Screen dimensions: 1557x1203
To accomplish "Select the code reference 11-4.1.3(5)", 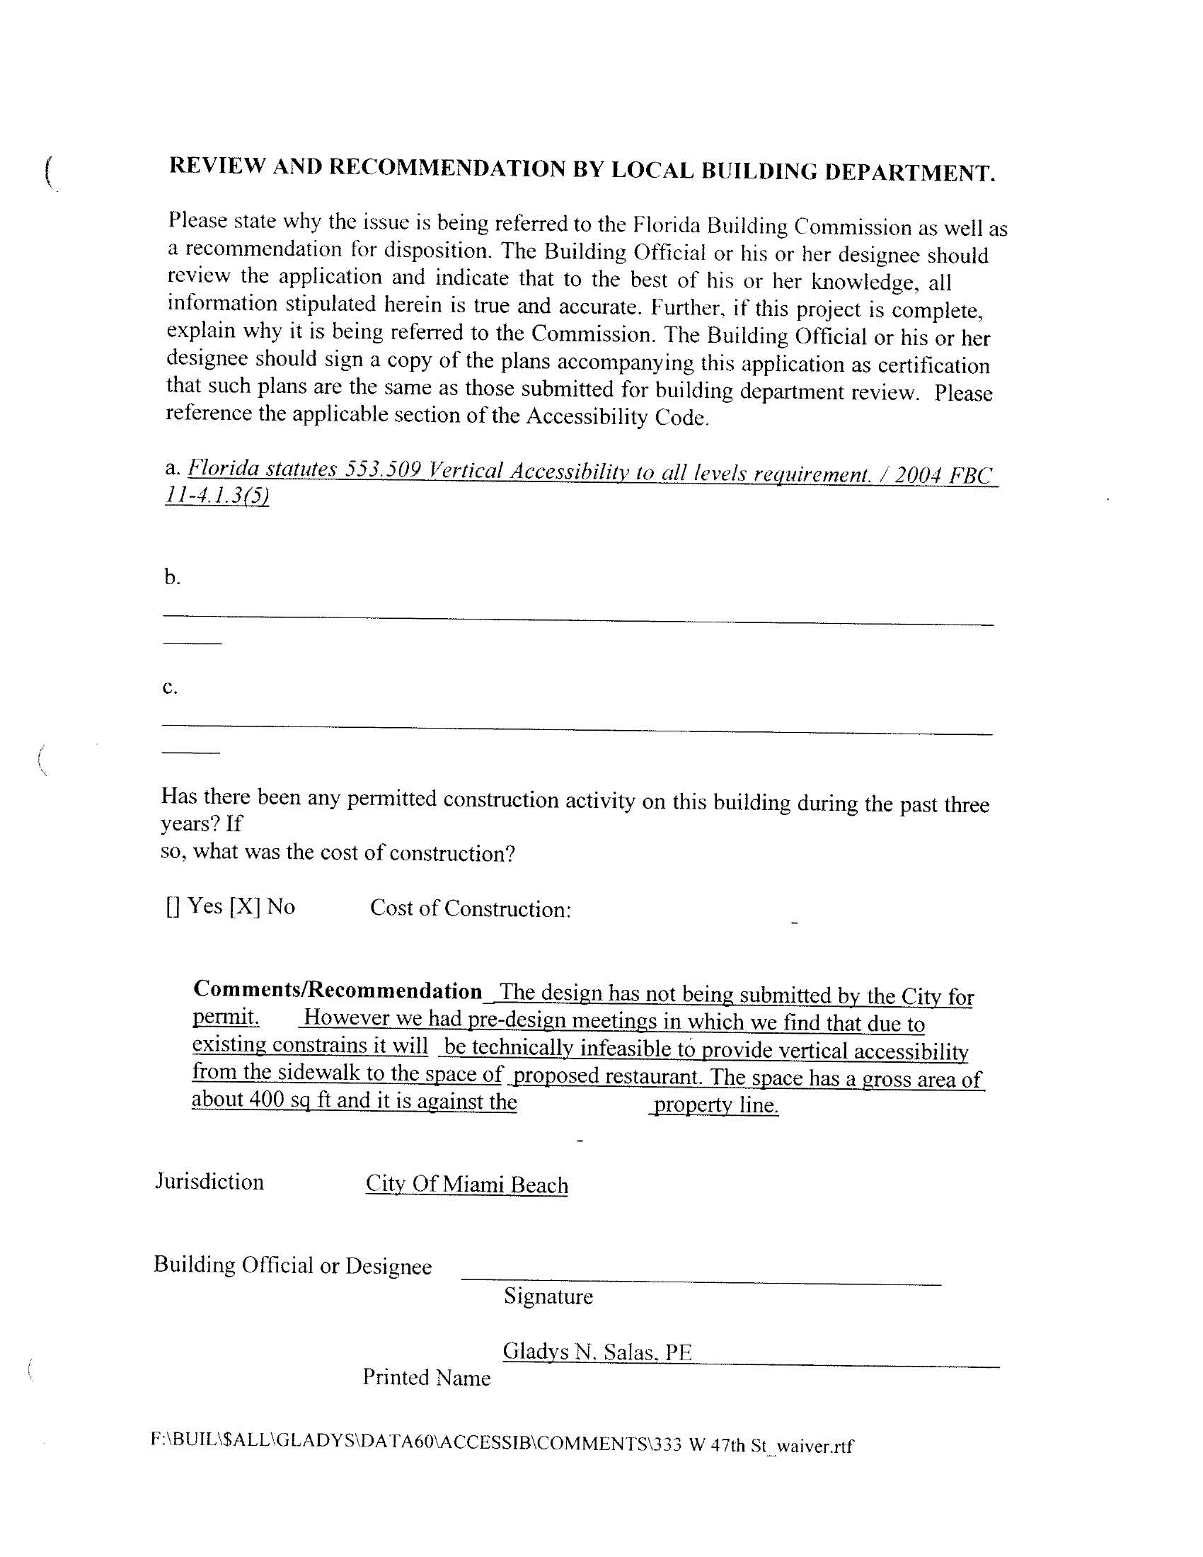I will click(217, 496).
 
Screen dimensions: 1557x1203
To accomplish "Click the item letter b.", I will click(172, 577).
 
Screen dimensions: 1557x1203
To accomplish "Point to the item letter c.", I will click(170, 688).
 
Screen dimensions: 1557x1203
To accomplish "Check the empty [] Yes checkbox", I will click(173, 907).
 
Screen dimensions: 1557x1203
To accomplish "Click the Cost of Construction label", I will click(471, 909).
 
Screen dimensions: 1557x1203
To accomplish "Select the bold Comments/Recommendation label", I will click(338, 991).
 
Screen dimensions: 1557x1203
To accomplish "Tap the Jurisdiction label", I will click(209, 1182).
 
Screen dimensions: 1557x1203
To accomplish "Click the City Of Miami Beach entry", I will click(467, 1185).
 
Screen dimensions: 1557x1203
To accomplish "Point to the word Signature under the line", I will click(548, 1296).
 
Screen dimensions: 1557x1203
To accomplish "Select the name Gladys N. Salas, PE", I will click(597, 1352).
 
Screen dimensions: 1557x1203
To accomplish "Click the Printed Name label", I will click(426, 1377).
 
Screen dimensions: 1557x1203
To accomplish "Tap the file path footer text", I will click(502, 1445).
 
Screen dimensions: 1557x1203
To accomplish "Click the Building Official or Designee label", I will click(293, 1265).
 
